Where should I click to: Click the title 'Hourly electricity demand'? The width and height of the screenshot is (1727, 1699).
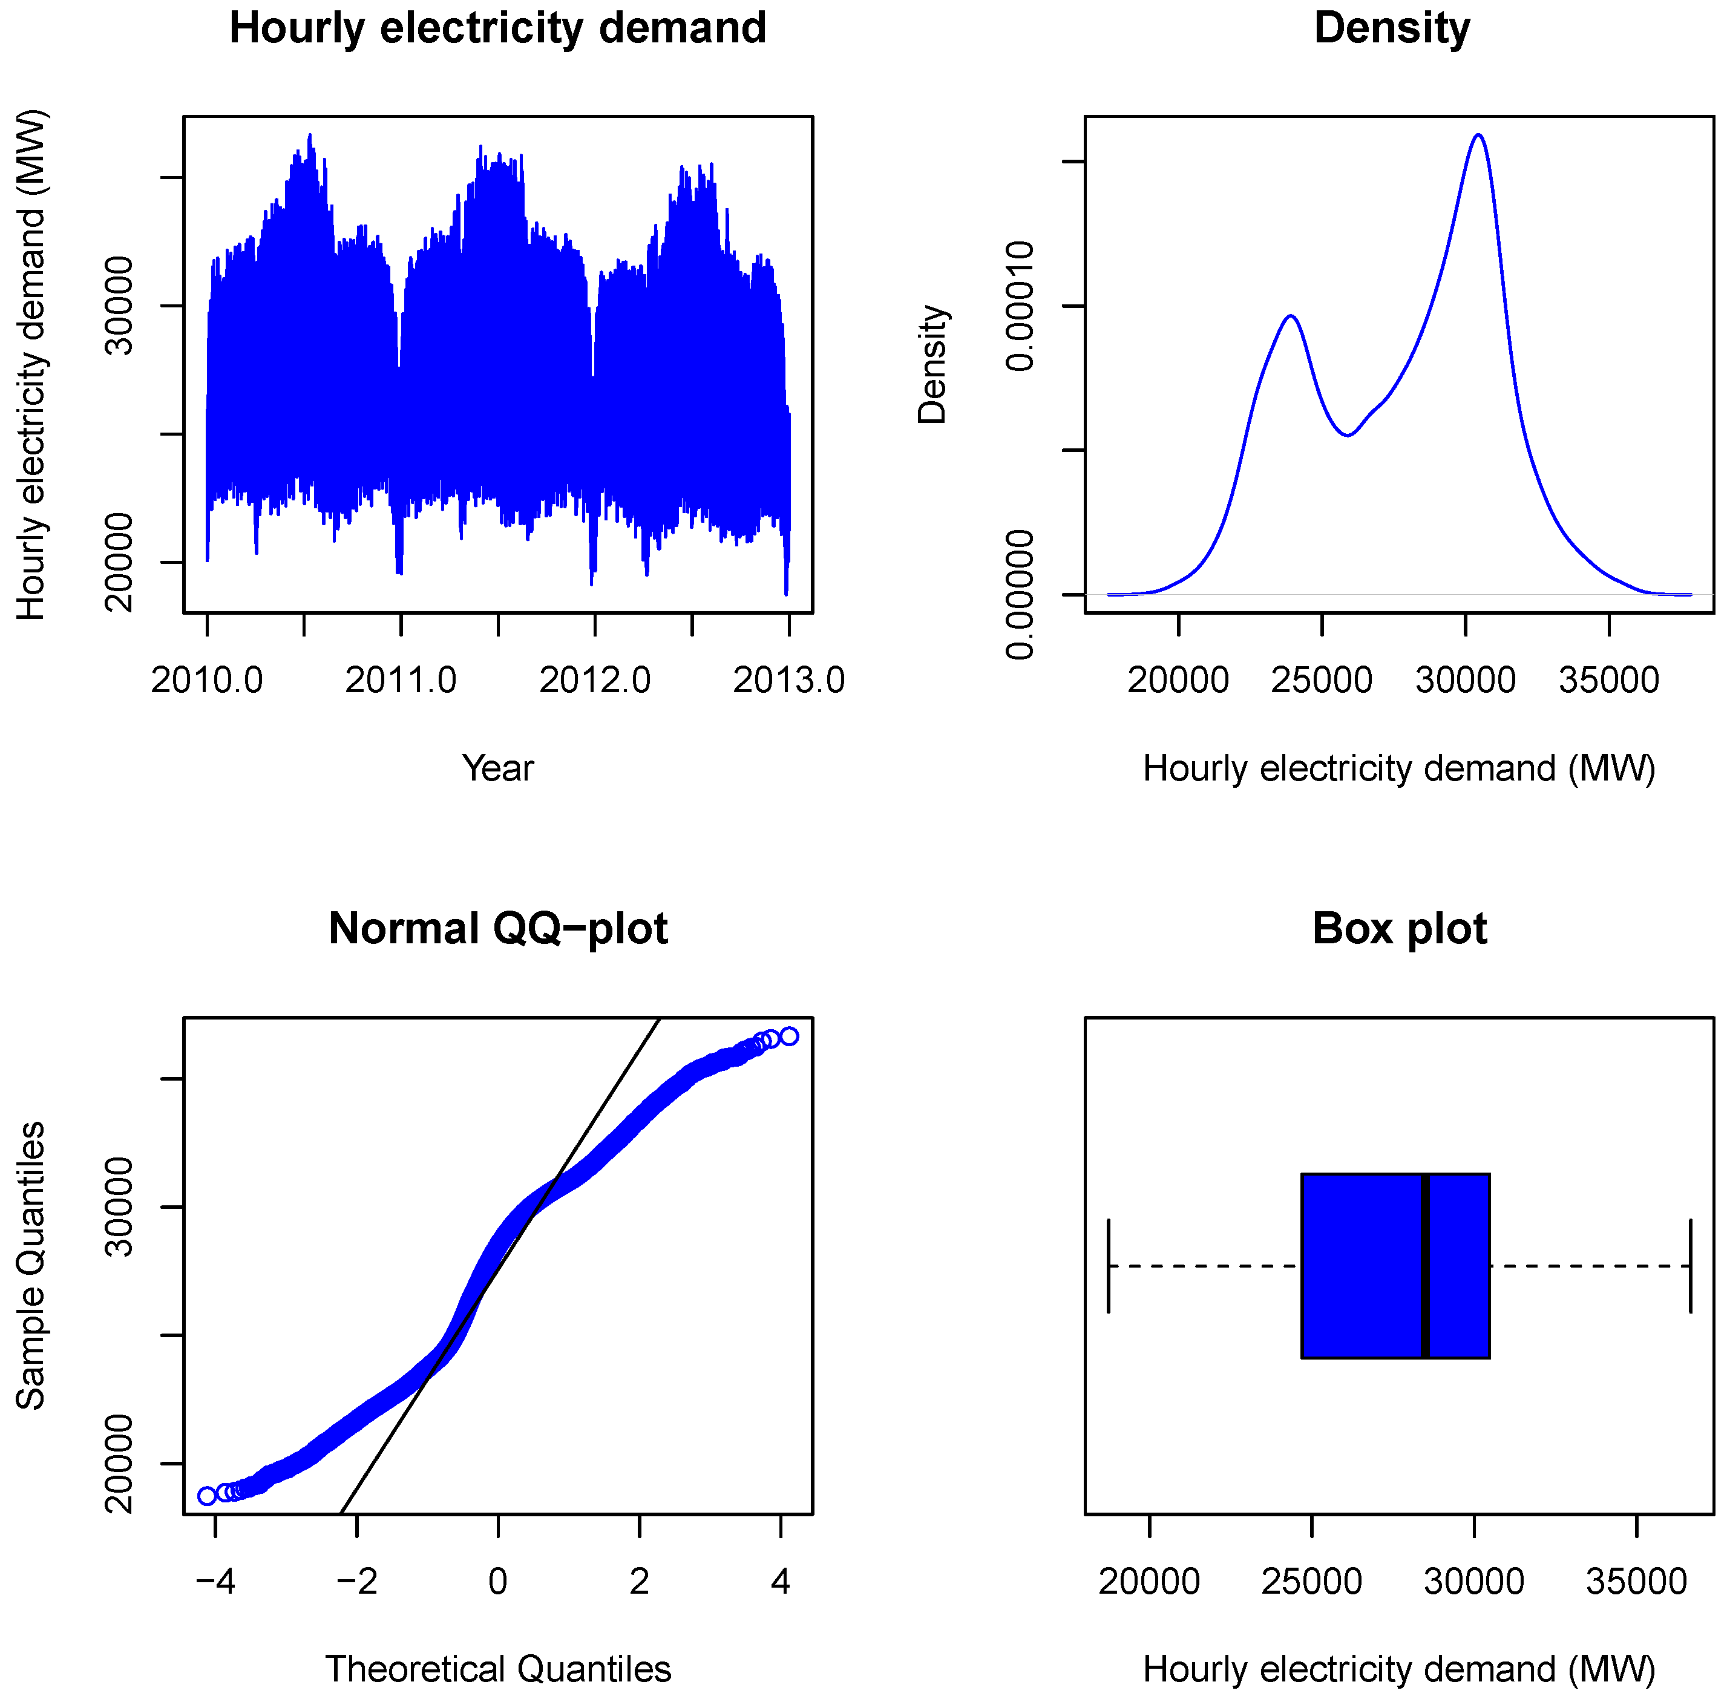[x=497, y=28]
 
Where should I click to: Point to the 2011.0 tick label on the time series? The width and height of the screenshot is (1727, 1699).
[x=401, y=681]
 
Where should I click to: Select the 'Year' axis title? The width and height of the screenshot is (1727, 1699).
[x=497, y=768]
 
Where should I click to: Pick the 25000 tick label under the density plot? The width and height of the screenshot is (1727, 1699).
[x=1321, y=681]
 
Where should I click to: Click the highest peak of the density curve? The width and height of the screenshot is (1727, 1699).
[x=1479, y=136]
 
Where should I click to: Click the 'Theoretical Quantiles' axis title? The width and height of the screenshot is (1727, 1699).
[x=497, y=1669]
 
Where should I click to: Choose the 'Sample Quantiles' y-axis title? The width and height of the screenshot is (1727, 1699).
[x=31, y=1266]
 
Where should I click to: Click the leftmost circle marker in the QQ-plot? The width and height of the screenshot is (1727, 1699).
[x=207, y=1496]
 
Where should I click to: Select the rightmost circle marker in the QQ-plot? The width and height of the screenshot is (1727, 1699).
[x=789, y=1036]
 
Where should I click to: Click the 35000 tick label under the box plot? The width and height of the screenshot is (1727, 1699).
[x=1636, y=1582]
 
